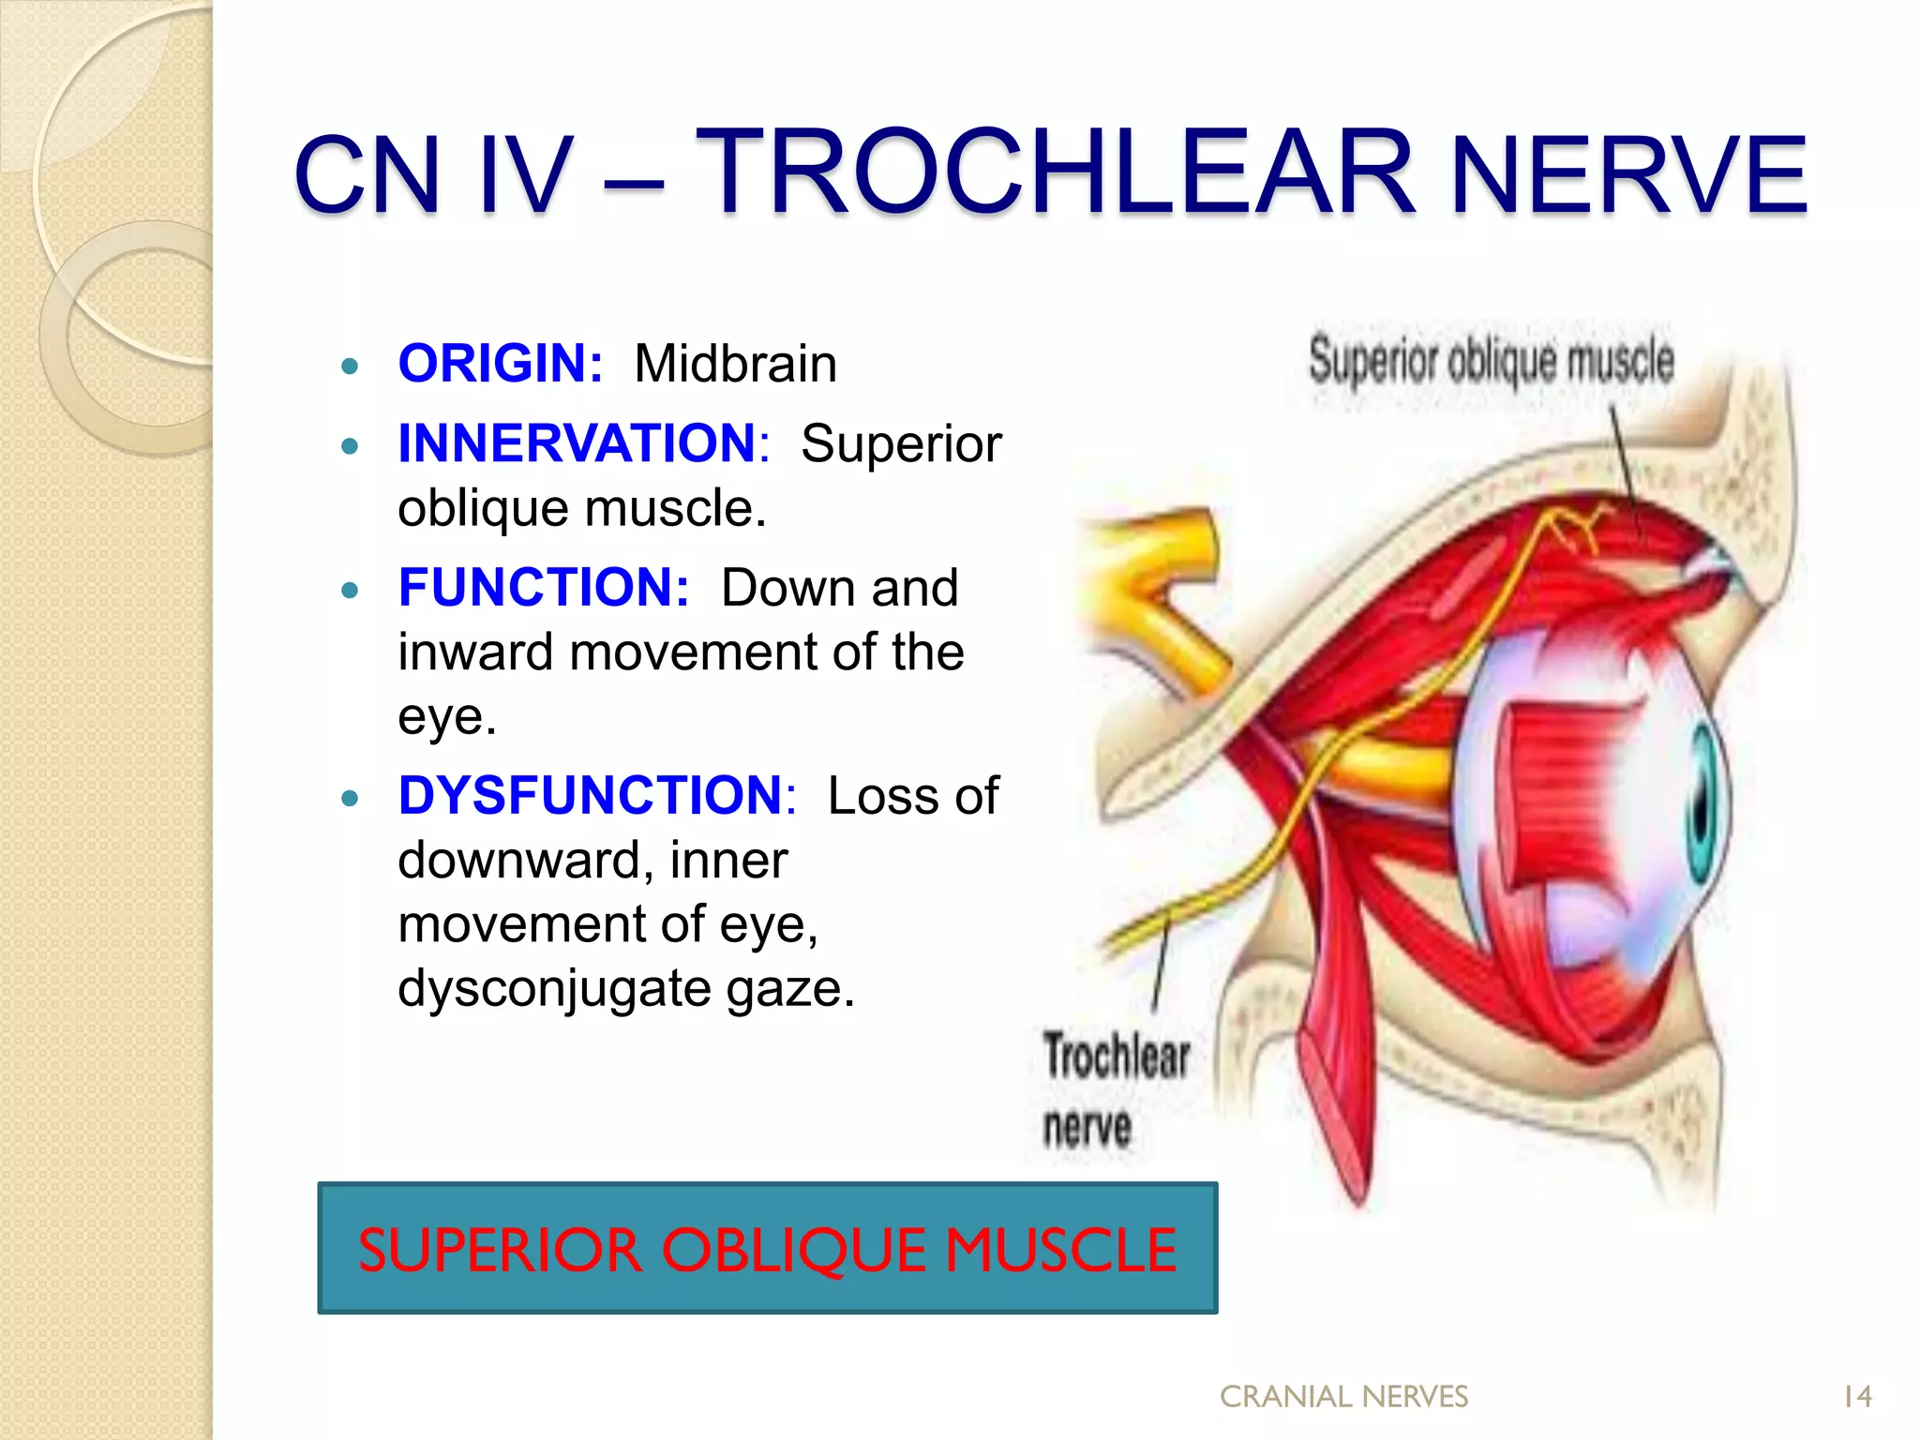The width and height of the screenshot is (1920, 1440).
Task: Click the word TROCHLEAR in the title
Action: (x=1054, y=173)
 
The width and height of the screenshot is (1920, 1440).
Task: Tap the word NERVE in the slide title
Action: (x=1627, y=175)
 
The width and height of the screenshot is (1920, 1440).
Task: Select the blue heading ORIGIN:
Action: (x=501, y=364)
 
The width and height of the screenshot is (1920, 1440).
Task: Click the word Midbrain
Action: (x=735, y=364)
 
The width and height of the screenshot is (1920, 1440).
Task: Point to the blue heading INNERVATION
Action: (x=577, y=443)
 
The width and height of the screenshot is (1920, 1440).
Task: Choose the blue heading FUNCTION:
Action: (x=544, y=588)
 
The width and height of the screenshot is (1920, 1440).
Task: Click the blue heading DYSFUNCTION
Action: (x=591, y=796)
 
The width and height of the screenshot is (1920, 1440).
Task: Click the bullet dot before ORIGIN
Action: (x=351, y=367)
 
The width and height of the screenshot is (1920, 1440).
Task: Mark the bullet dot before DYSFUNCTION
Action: (x=351, y=799)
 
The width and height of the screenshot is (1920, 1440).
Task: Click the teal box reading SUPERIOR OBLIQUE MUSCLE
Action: (x=767, y=1248)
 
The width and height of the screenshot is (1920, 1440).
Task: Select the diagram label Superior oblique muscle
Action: (x=1491, y=361)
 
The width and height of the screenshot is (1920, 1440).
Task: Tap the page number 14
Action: (x=1856, y=1397)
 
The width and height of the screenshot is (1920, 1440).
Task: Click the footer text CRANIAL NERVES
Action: (x=1343, y=1397)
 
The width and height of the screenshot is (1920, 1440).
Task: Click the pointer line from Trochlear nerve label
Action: (x=1161, y=966)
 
